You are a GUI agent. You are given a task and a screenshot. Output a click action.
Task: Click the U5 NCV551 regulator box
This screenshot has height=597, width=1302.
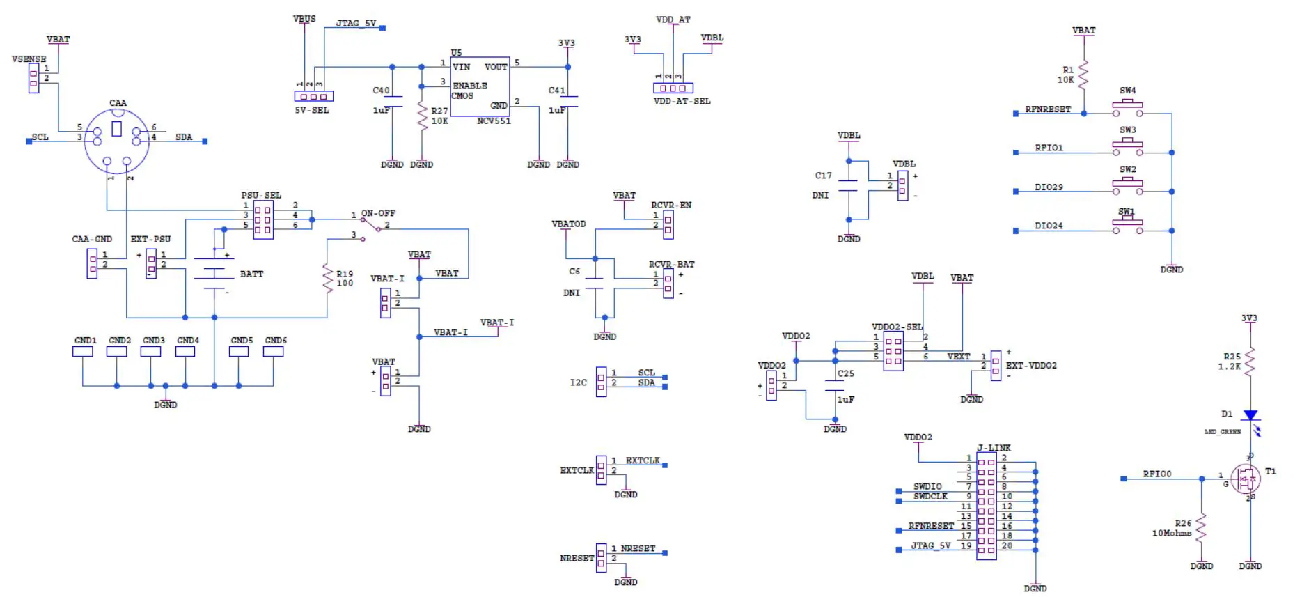point(480,87)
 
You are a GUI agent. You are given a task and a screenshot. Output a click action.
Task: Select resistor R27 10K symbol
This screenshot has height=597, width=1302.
point(422,116)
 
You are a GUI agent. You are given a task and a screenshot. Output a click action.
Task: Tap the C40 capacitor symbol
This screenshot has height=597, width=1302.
point(392,102)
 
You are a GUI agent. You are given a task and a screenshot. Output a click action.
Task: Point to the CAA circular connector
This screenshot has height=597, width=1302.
point(117,141)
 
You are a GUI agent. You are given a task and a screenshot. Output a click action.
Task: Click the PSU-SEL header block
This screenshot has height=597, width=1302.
point(263,220)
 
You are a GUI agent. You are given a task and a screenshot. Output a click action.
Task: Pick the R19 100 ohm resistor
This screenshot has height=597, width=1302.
point(327,279)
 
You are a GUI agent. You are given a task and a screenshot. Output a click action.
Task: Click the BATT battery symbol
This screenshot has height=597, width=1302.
point(214,273)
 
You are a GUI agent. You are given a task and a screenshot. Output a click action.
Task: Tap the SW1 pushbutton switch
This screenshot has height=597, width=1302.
point(1127,226)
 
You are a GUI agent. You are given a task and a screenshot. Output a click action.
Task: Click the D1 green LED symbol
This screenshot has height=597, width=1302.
point(1250,415)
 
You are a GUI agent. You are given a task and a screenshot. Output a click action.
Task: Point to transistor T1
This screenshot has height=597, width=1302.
point(1246,479)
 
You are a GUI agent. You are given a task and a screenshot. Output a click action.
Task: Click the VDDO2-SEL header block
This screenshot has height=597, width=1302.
point(893,351)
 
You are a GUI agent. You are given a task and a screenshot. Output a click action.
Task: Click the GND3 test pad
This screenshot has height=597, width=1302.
point(151,352)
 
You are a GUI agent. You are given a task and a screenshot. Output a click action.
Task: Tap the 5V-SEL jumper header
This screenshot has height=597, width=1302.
point(313,97)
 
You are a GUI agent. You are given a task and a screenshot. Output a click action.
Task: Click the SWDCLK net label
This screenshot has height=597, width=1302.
point(930,497)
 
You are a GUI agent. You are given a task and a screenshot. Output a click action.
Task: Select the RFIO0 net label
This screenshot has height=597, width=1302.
point(1156,474)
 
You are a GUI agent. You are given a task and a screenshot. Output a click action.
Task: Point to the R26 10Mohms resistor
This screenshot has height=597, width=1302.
point(1202,528)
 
